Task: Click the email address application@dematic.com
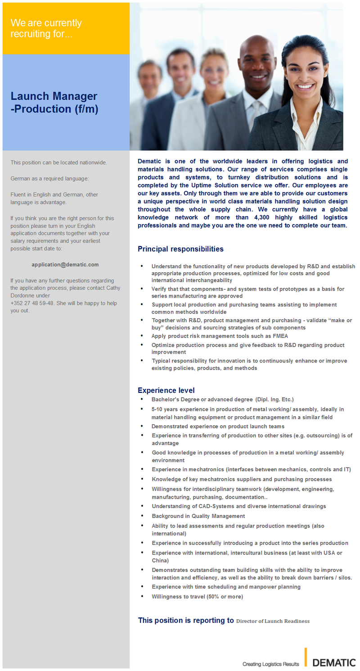point(65,265)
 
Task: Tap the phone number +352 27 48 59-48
point(32,303)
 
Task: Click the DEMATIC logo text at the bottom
point(334,662)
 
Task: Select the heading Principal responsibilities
point(180,249)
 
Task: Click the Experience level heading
point(166,390)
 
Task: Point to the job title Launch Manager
point(54,96)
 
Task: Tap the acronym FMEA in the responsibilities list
point(279,336)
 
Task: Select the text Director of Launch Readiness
point(273,621)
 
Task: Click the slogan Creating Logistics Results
point(270,664)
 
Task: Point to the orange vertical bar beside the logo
point(306,657)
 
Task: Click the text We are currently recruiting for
point(46,28)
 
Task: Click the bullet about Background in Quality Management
point(198,516)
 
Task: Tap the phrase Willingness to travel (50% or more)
point(197,597)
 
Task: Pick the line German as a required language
point(49,179)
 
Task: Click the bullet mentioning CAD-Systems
point(238,506)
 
